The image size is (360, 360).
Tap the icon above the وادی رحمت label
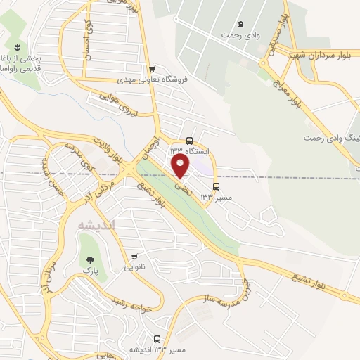tap(242, 23)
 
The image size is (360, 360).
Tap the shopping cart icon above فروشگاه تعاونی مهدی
tap(152, 68)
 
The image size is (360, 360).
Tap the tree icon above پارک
tap(89, 259)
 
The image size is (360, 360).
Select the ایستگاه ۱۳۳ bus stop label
tap(188, 150)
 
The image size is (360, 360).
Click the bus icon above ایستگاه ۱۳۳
tap(189, 139)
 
